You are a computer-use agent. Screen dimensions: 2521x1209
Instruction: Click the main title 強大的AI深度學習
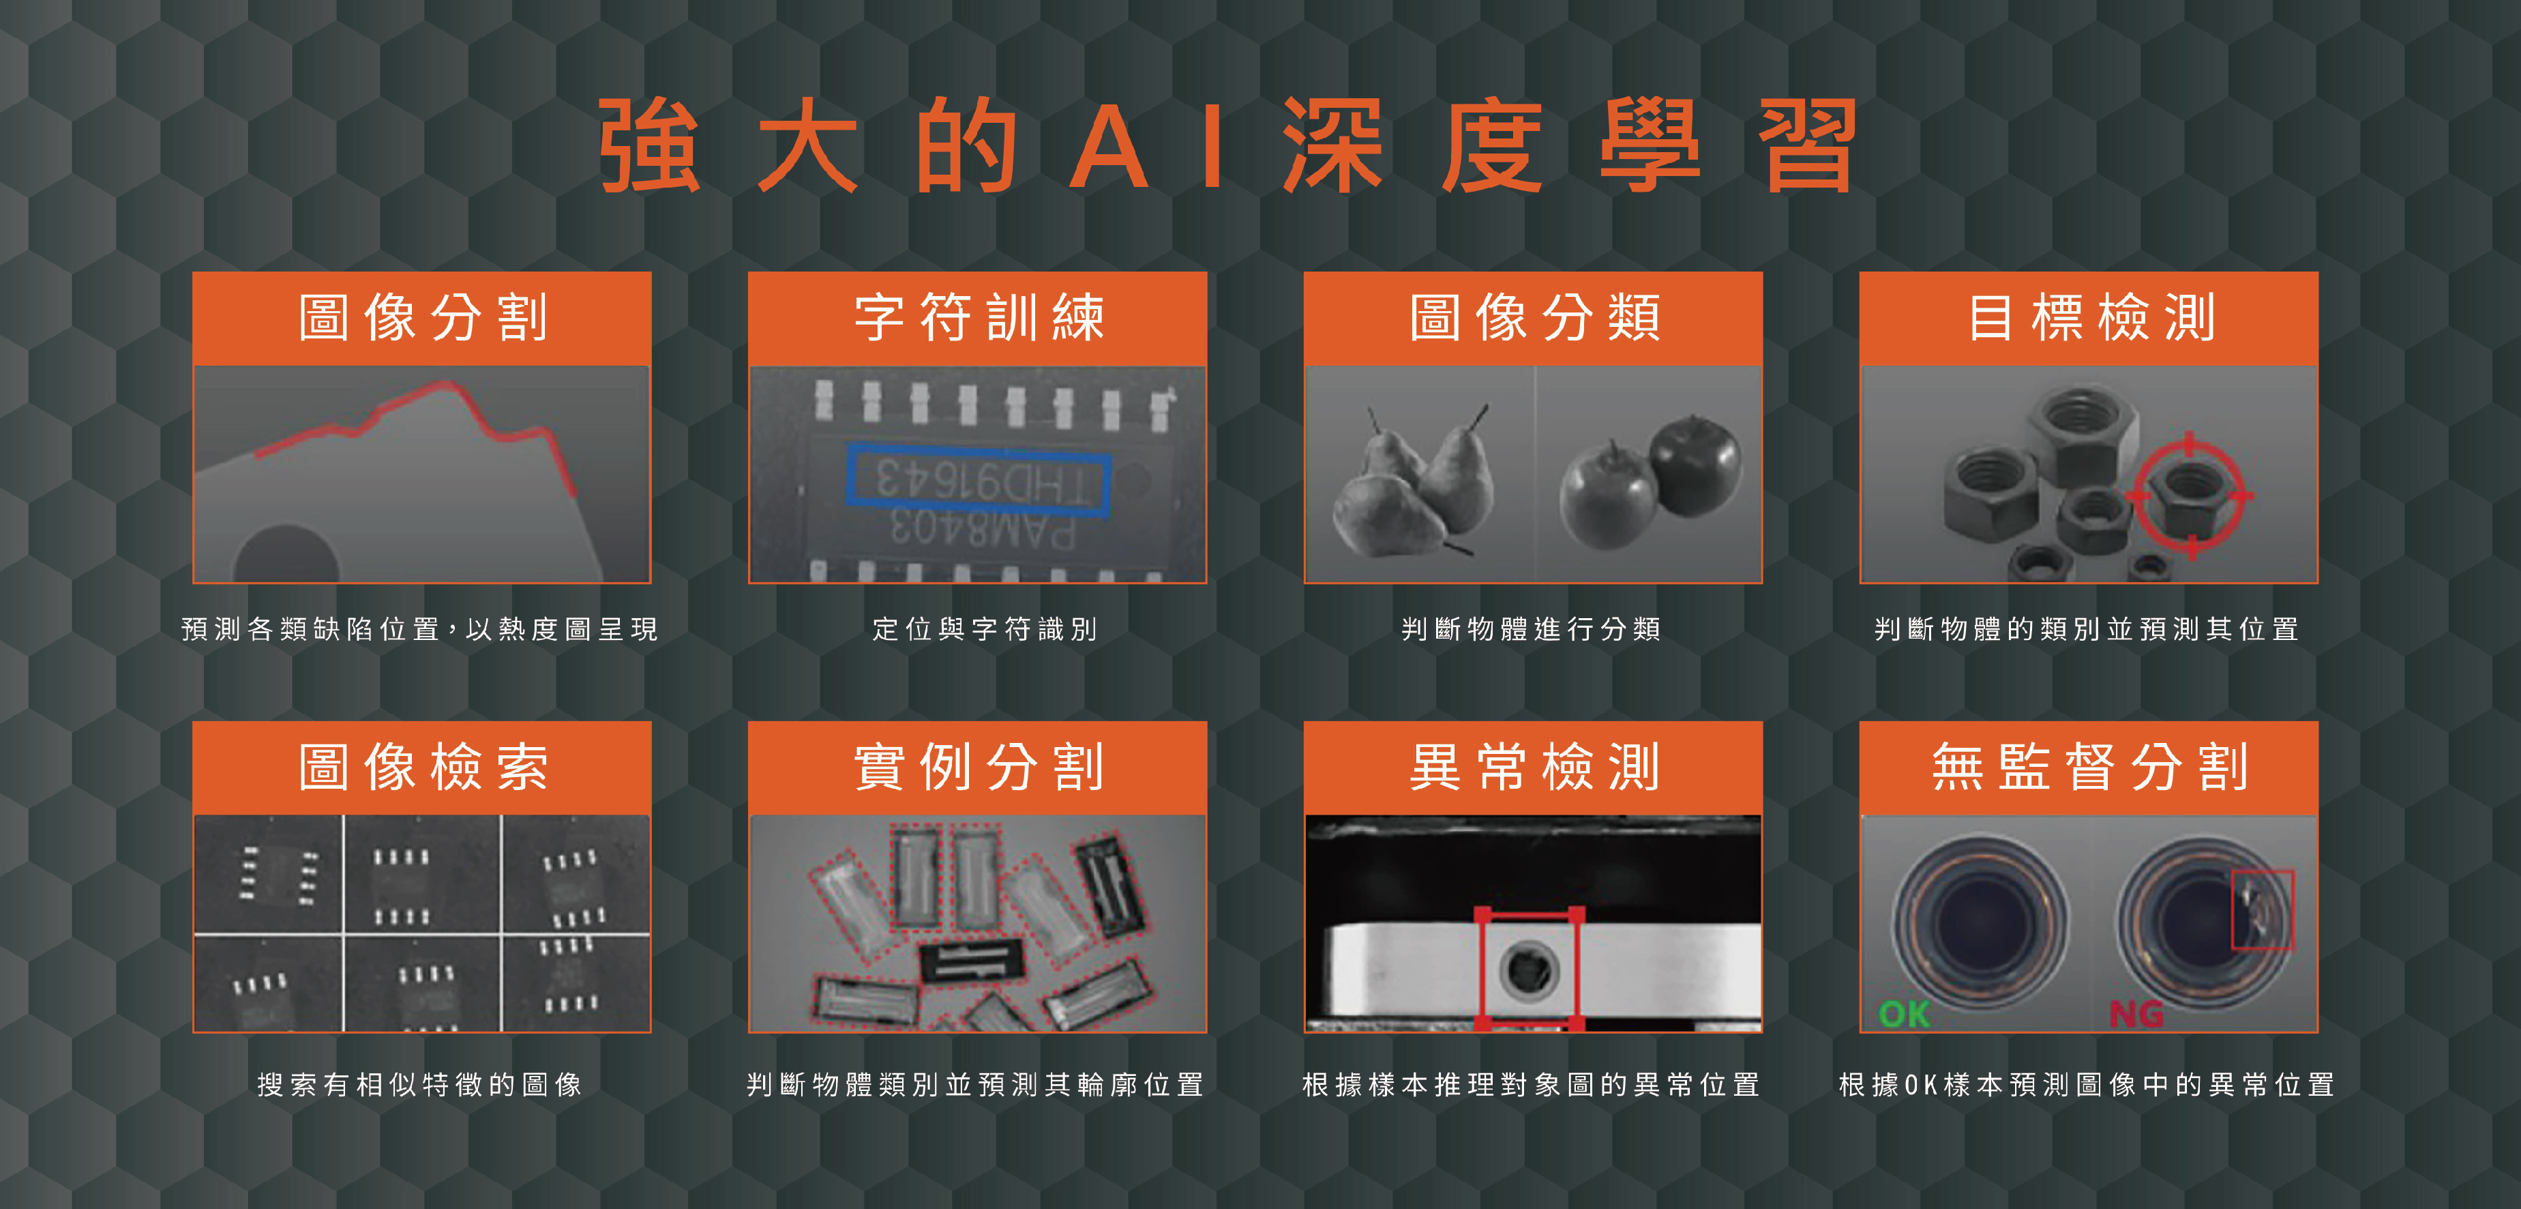pyautogui.click(x=1228, y=145)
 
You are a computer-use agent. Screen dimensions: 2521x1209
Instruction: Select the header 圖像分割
pyautogui.click(x=422, y=317)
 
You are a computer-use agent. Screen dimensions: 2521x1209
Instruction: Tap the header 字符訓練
pyautogui.click(x=979, y=317)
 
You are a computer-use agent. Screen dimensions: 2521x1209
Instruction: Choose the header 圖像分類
pyautogui.click(x=1534, y=317)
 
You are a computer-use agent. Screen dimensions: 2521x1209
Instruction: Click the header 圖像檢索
pyautogui.click(x=422, y=766)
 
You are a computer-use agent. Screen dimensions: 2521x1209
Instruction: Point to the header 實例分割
pyautogui.click(x=979, y=766)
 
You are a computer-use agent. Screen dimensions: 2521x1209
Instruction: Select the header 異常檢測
pyautogui.click(x=1534, y=766)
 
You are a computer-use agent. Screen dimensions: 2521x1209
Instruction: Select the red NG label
pyautogui.click(x=2136, y=1013)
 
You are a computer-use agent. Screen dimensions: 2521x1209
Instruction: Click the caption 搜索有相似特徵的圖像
pyautogui.click(x=420, y=1085)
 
